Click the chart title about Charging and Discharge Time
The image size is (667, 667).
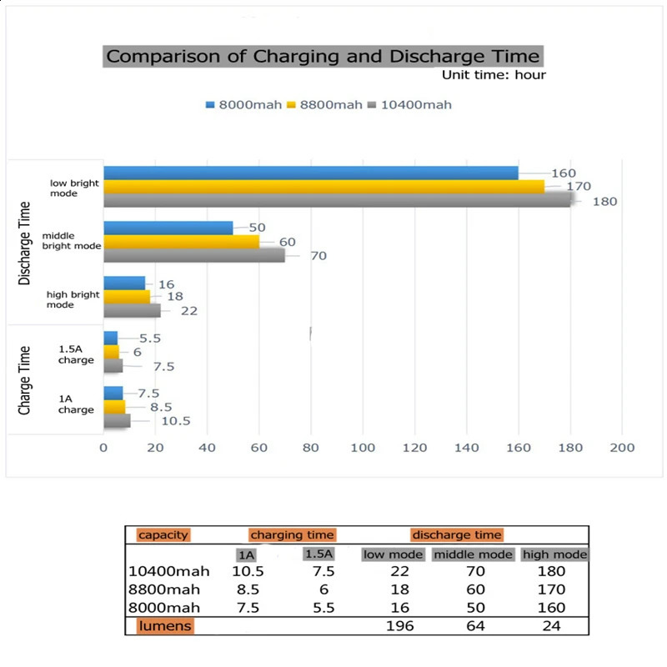(x=323, y=57)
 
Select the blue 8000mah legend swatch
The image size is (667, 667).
(x=211, y=104)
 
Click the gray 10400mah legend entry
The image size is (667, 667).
(x=415, y=104)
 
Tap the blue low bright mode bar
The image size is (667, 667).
(x=310, y=173)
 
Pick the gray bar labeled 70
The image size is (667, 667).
(x=193, y=255)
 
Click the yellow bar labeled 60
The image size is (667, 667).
(x=181, y=242)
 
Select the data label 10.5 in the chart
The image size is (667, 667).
(x=175, y=421)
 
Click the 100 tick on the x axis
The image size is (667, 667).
(x=363, y=448)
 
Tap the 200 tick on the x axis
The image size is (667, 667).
(x=622, y=448)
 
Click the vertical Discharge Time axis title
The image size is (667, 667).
(x=25, y=243)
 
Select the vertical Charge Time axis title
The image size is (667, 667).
(x=25, y=379)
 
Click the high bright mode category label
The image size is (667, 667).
(x=73, y=299)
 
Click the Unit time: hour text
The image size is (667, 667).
(x=494, y=75)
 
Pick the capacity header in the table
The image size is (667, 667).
(x=163, y=535)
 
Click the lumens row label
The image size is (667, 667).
(x=166, y=625)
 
